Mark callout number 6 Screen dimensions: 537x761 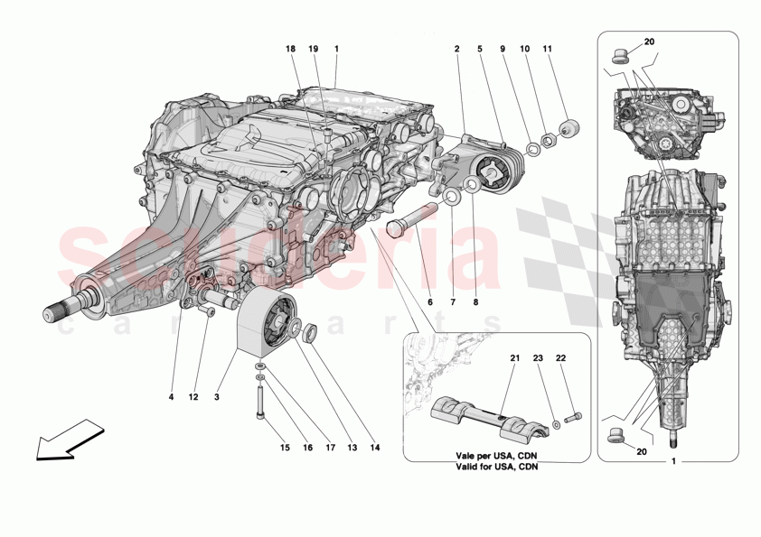[x=429, y=301]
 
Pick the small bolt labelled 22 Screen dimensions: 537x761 [x=572, y=417]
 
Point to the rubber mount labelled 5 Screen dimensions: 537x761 [x=493, y=169]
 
